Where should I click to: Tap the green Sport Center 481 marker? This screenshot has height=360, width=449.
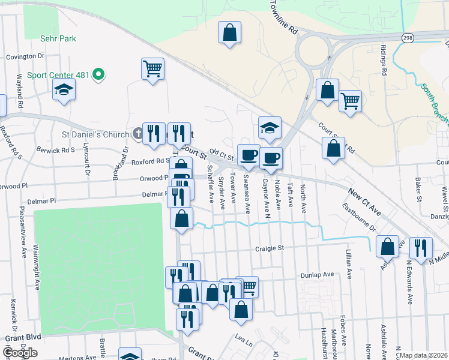coord(99,75)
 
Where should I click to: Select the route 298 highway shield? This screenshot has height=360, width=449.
coord(407,37)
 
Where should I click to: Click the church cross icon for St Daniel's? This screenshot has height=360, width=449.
coord(137,134)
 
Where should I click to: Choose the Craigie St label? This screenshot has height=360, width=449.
coord(268,248)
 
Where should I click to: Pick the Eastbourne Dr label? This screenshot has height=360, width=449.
coord(359,217)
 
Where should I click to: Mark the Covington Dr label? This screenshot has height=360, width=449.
coord(25,56)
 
